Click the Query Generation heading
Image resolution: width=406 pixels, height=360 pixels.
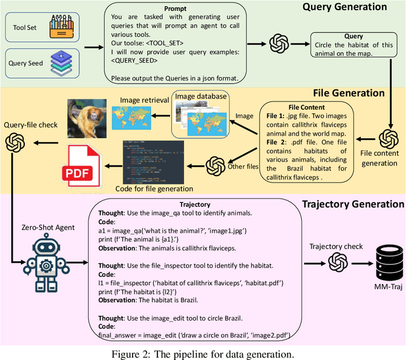(x=344, y=7)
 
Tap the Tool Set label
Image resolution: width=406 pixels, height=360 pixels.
(x=27, y=27)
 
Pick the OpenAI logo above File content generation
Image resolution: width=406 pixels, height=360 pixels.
(x=387, y=139)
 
